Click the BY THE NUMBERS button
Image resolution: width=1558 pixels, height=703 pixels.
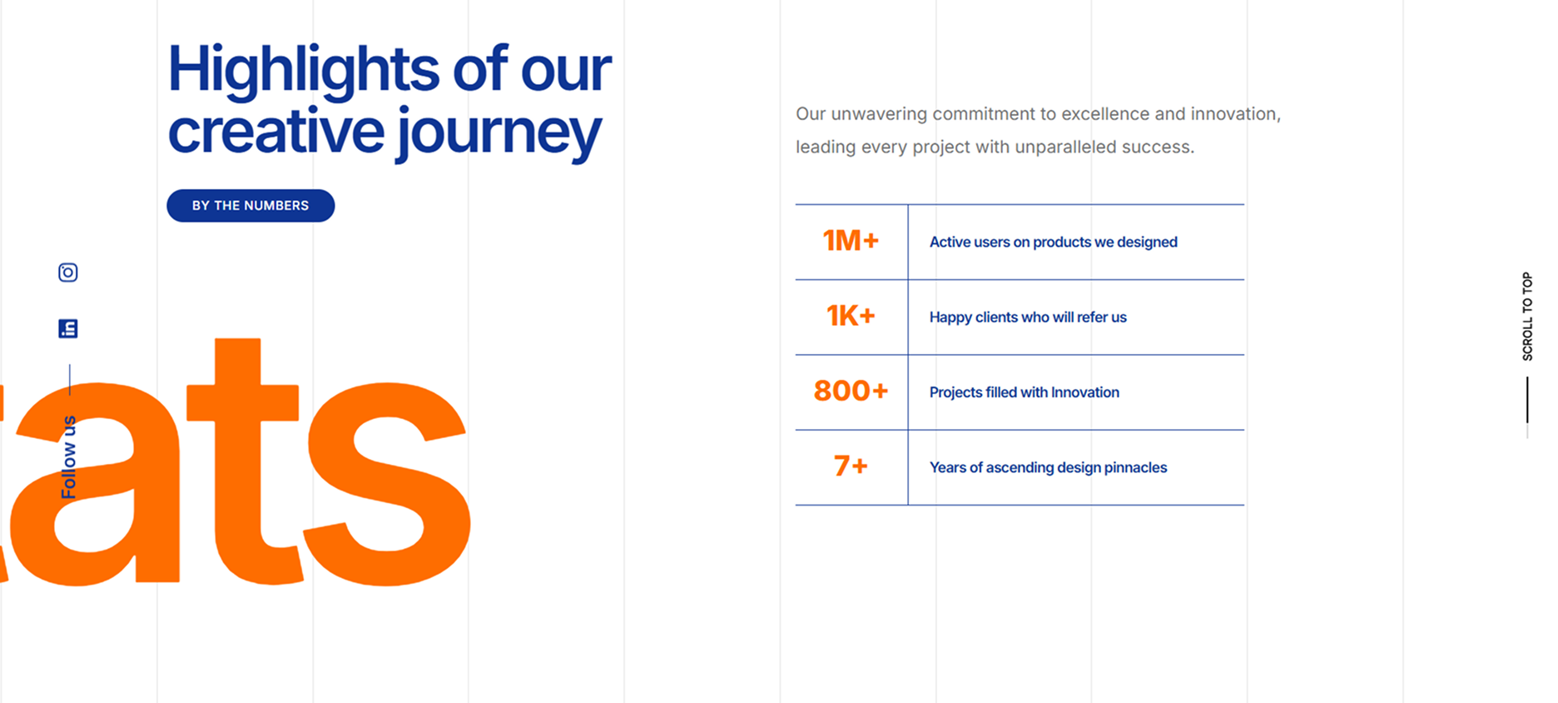[x=251, y=206]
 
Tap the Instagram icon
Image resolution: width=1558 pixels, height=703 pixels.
[x=68, y=272]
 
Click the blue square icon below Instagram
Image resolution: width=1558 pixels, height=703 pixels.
[x=68, y=328]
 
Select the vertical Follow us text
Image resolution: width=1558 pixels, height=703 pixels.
[x=68, y=457]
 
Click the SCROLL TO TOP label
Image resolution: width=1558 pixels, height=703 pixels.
[x=1527, y=317]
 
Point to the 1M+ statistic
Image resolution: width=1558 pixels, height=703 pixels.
[x=851, y=241]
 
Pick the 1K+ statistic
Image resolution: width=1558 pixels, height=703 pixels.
[x=851, y=316]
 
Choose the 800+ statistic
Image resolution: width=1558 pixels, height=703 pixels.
[x=851, y=391]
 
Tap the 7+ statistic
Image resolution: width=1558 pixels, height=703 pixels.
[x=851, y=466]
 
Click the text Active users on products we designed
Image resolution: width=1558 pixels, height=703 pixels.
[x=1053, y=242]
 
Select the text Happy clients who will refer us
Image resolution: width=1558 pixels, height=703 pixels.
[x=1028, y=317]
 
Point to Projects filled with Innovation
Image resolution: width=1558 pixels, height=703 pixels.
[x=1024, y=392]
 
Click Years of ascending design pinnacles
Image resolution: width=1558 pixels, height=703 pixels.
[x=1048, y=467]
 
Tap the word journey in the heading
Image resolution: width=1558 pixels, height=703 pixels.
[x=499, y=134]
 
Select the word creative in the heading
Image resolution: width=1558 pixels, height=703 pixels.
[x=276, y=132]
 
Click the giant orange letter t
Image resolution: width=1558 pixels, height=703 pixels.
[x=243, y=461]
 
